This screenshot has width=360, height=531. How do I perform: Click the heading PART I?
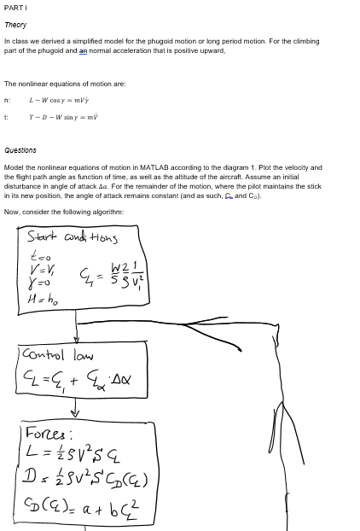(x=16, y=8)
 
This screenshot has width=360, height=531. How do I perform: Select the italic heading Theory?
(x=15, y=25)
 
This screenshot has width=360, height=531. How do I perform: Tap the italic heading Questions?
(x=20, y=150)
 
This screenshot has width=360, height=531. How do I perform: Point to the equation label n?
(x=7, y=101)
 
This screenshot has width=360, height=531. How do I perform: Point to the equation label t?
(x=7, y=118)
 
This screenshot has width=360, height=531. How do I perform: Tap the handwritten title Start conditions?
(x=72, y=237)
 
